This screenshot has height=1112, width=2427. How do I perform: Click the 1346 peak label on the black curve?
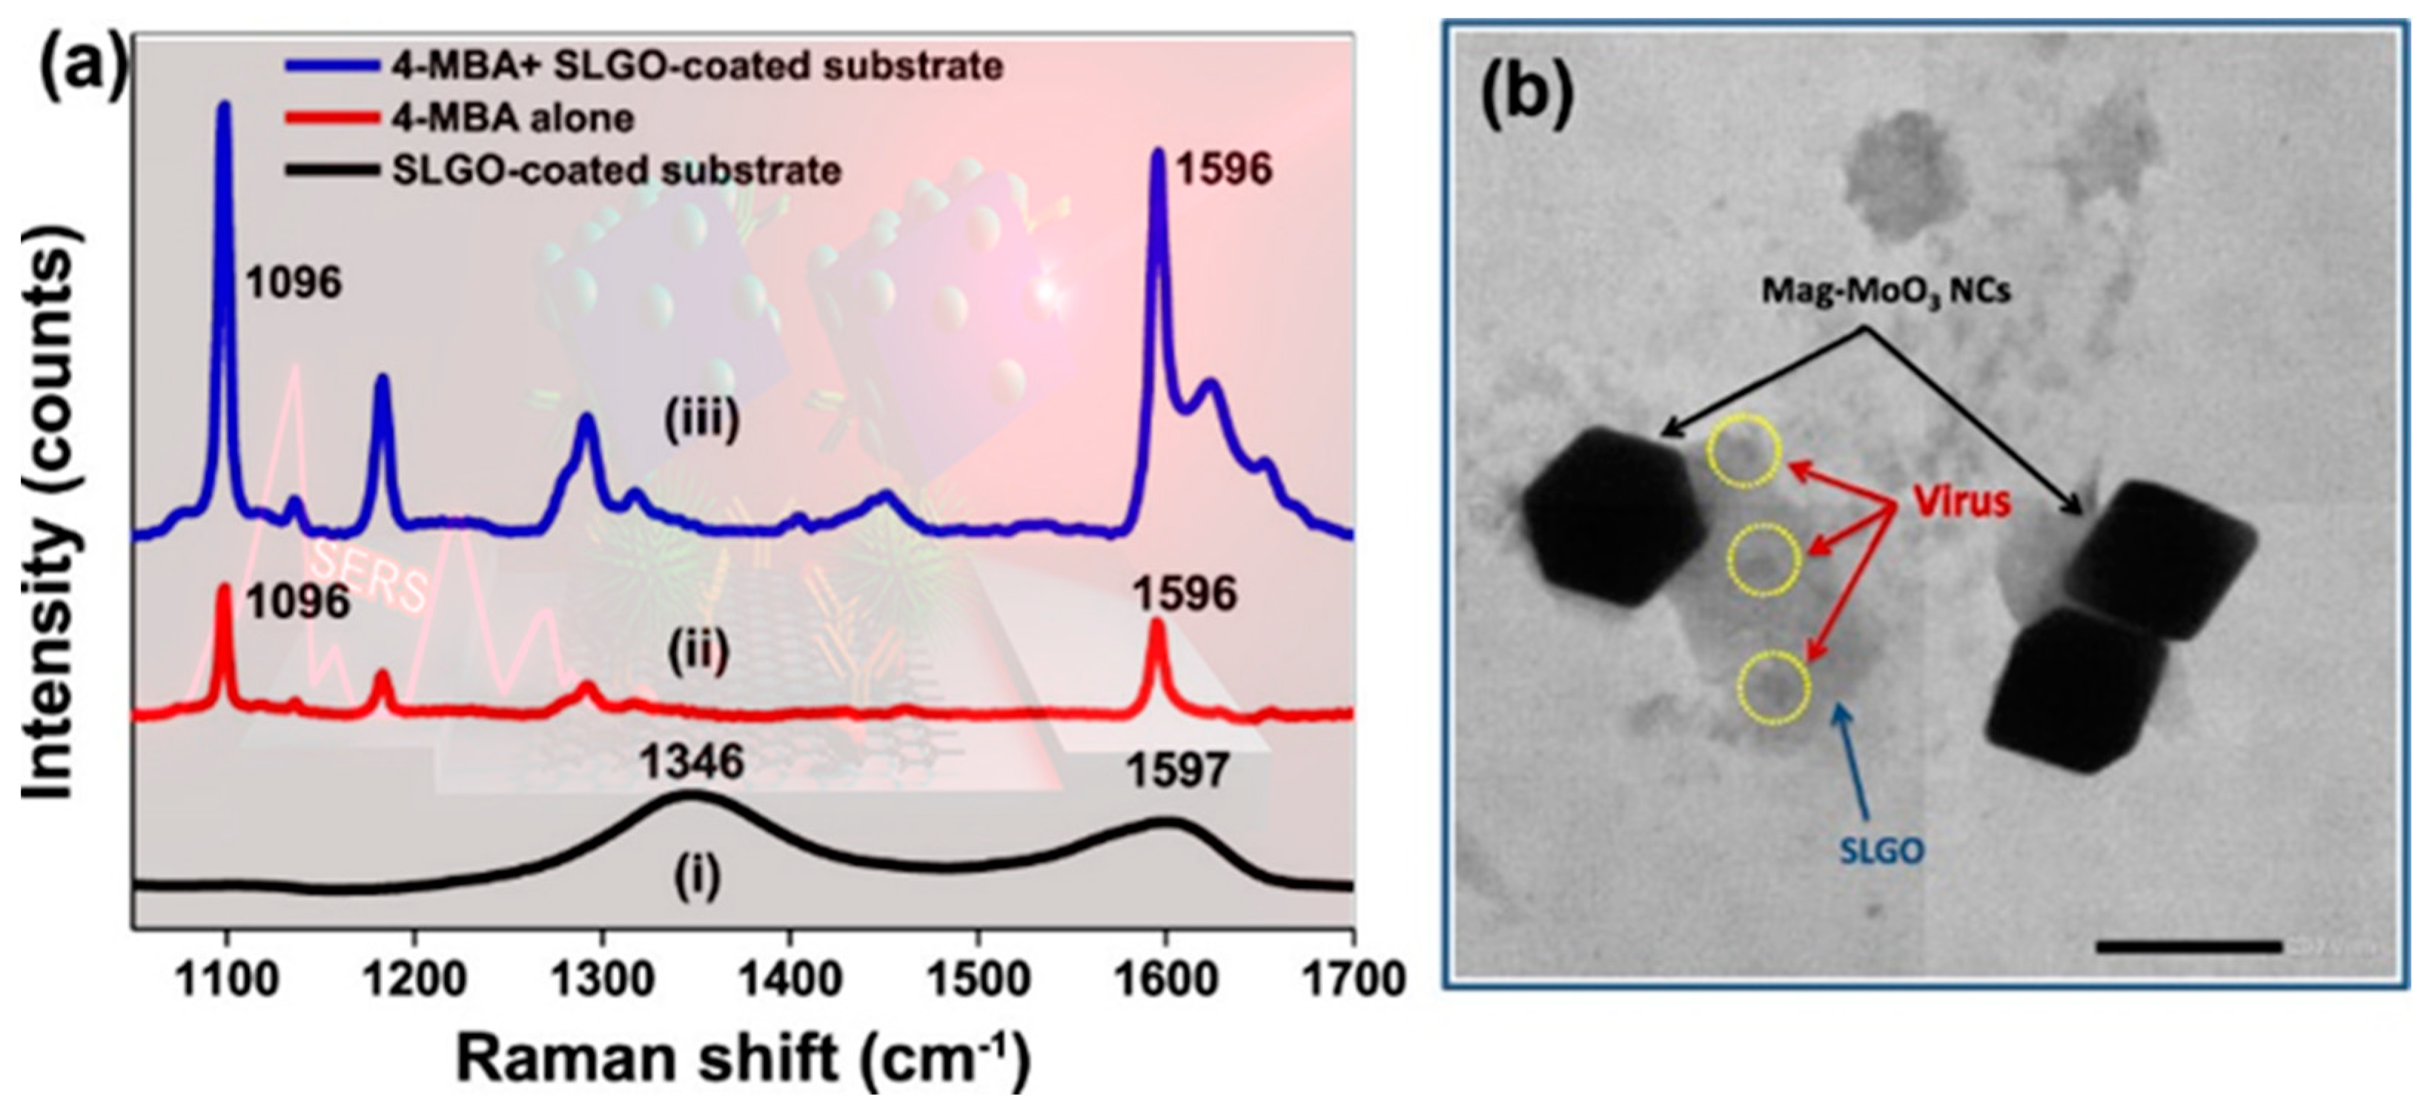click(692, 761)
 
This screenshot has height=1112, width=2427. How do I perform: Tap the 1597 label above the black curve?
click(1179, 772)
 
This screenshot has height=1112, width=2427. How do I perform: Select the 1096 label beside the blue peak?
click(294, 282)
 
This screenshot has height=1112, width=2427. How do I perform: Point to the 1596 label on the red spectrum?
click(1183, 595)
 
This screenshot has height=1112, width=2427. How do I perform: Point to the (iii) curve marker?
click(702, 421)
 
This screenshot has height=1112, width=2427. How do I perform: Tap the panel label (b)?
click(1527, 95)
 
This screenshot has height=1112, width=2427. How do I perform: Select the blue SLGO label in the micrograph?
click(1881, 851)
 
